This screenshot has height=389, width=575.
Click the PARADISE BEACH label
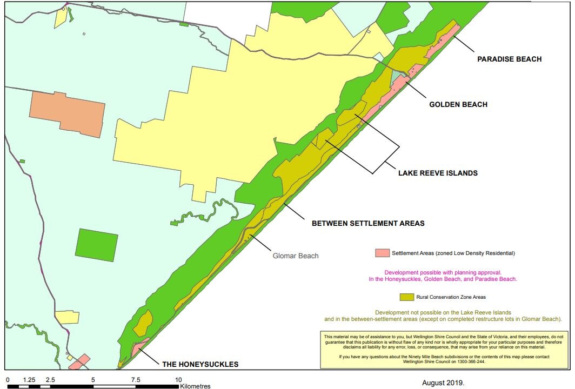509,59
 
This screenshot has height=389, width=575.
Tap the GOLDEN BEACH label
458,104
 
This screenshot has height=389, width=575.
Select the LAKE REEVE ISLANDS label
438,173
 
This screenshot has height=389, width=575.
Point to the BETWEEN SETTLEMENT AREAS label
368,223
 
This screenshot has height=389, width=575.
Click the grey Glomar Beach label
295,256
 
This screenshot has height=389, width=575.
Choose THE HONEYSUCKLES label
200,364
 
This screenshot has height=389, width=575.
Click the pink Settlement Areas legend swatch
382,253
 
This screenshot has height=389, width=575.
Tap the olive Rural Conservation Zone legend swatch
406,297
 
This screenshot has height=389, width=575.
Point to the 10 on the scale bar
178,380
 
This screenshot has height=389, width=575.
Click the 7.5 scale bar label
136,380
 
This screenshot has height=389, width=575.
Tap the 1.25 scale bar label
29,380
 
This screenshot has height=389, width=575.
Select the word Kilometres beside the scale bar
195,386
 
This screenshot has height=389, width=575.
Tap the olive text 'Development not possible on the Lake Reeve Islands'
443,312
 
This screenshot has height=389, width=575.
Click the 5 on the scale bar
93,380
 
